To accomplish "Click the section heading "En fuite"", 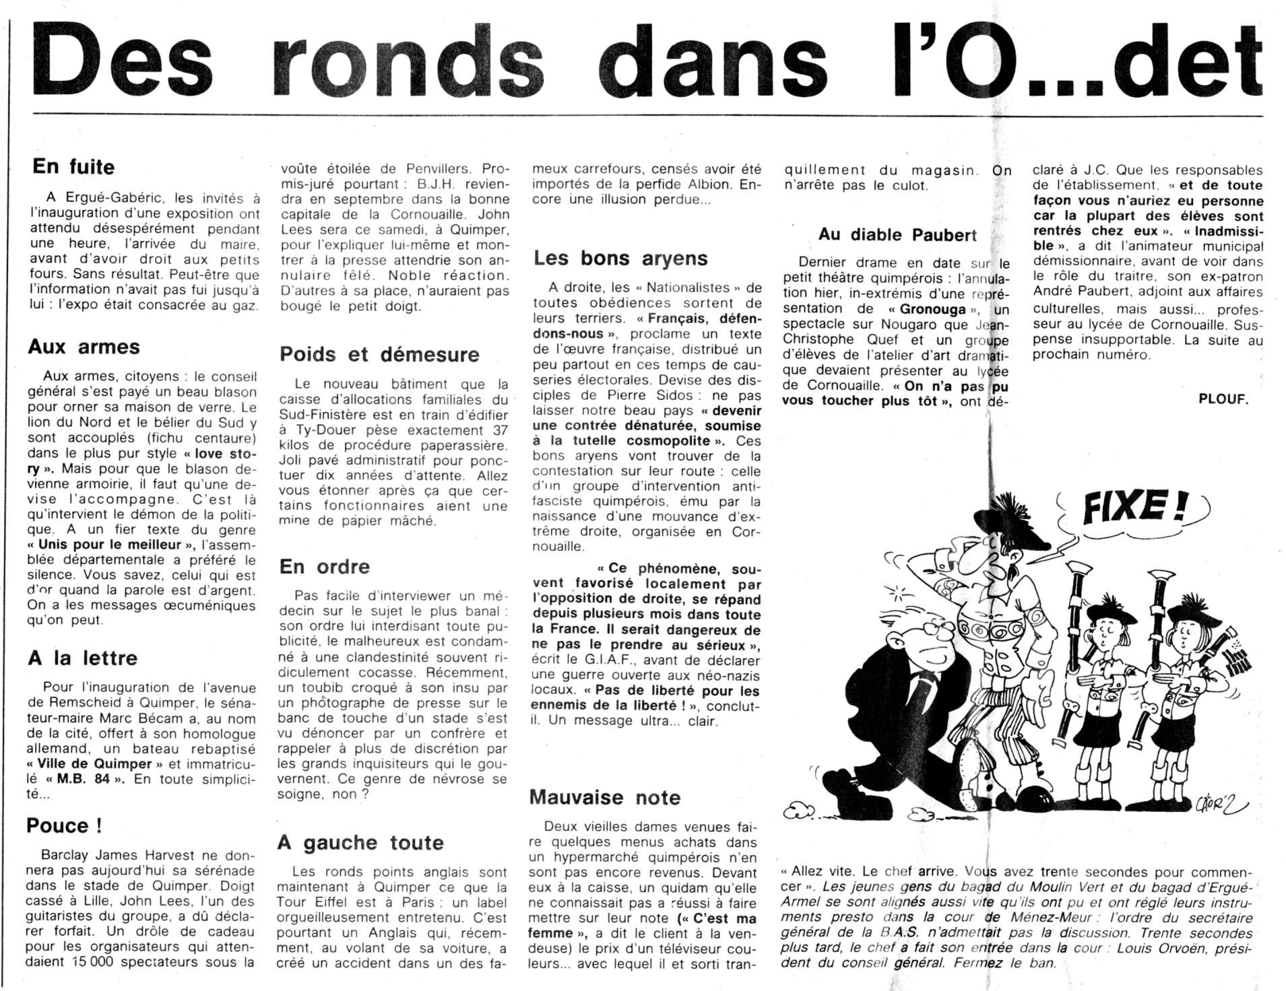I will (73, 167).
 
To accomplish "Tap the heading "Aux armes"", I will (84, 347).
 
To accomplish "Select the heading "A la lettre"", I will (82, 658).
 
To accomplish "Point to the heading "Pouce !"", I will (65, 825).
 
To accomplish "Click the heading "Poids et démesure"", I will (379, 354).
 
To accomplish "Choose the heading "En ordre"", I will (325, 567).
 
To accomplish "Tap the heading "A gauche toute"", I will (360, 842).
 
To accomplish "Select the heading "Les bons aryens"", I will (620, 259).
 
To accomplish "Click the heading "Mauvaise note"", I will (605, 797).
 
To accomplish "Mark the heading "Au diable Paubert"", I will (897, 235).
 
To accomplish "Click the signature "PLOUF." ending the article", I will (1223, 399).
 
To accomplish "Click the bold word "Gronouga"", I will (927, 310).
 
